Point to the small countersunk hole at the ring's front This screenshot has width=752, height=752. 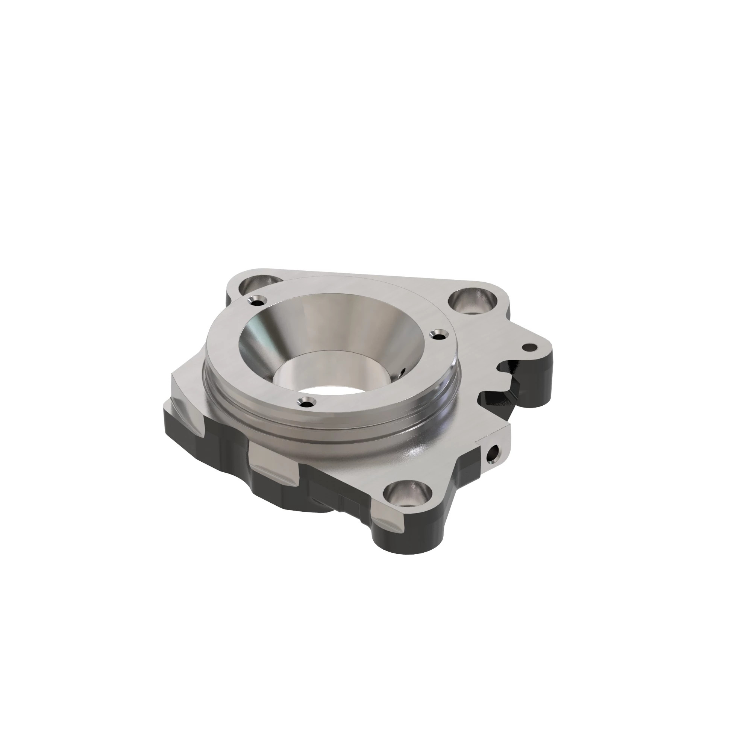tap(306, 402)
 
